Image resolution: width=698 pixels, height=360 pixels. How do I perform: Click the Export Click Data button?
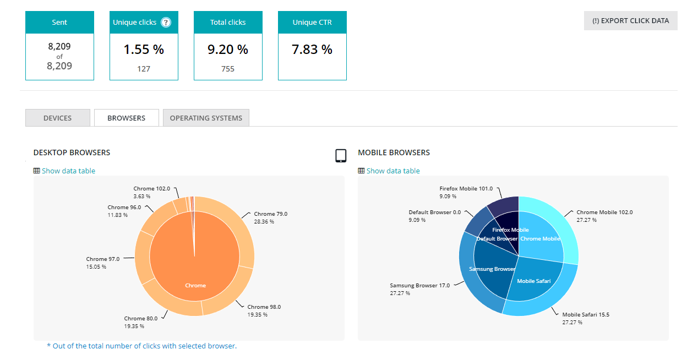point(630,21)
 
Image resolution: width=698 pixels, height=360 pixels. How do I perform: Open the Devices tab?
point(58,118)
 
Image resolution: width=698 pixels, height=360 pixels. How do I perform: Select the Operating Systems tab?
point(206,118)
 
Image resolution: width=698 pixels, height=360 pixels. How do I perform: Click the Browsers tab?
point(127,118)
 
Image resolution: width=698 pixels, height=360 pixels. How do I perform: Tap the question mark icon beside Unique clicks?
point(166,23)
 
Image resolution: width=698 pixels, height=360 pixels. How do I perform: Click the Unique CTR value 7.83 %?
point(312,50)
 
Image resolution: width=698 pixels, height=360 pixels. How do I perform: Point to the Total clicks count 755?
point(228,69)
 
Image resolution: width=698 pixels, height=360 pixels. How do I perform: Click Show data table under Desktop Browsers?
point(68,171)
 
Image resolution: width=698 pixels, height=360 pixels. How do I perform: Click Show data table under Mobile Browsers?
point(393,171)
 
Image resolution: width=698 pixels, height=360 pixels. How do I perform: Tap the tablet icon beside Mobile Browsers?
point(341,156)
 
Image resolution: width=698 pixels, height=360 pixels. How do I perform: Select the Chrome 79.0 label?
point(270,214)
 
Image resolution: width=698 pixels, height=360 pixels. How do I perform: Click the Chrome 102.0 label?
point(152,189)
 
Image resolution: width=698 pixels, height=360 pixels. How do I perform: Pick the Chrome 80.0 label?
point(141,318)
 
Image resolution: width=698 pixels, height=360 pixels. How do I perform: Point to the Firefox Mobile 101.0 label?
point(466,188)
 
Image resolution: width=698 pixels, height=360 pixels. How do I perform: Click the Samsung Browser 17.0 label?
point(419,285)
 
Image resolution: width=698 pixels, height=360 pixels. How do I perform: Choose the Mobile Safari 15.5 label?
point(586,315)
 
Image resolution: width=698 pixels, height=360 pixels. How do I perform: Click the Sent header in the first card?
point(59,23)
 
